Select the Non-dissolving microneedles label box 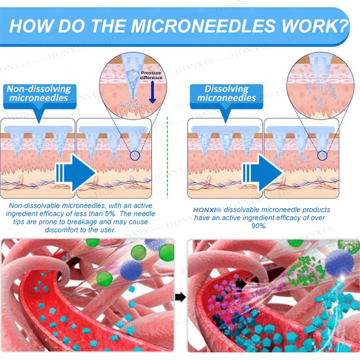(39, 94)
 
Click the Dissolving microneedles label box (226, 94)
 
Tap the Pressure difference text (151, 75)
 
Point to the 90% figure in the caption (260, 226)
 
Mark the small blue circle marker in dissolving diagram (322, 156)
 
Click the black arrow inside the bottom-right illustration (240, 284)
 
